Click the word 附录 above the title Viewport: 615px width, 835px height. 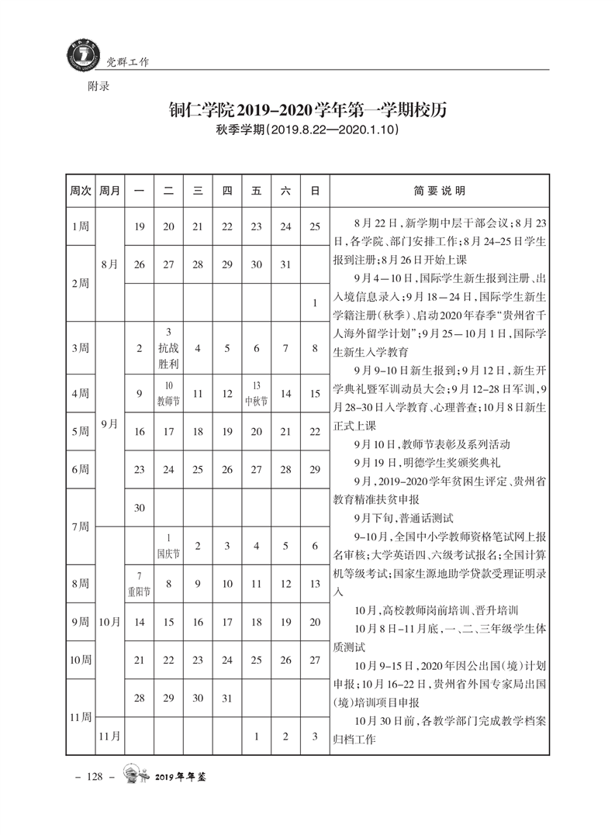[98, 87]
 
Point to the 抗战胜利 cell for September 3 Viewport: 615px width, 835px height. [168, 348]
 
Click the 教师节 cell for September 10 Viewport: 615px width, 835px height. [168, 393]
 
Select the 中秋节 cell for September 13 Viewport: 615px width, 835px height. [256, 393]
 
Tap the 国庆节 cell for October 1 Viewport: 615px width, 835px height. [168, 546]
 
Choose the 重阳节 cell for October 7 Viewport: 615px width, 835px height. [140, 583]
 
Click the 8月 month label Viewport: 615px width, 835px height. [110, 264]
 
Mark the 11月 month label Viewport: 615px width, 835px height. [110, 736]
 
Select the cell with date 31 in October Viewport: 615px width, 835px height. [227, 698]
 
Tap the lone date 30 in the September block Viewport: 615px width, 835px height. [140, 507]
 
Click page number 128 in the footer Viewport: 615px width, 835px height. [95, 777]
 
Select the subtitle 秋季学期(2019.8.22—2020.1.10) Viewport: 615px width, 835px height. [308, 131]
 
